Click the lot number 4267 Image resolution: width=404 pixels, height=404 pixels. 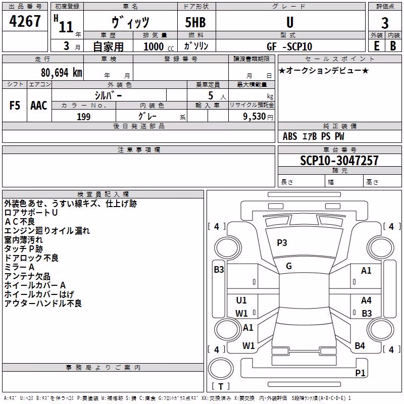pos(25,21)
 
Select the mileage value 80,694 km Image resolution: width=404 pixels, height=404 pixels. pos(62,73)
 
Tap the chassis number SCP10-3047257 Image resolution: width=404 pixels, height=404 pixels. pos(339,160)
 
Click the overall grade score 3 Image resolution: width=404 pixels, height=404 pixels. pos(385,23)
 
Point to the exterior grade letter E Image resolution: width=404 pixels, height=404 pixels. pos(377,46)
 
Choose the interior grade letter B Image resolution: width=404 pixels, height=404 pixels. pos(393,46)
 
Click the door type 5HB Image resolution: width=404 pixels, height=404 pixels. pos(195,22)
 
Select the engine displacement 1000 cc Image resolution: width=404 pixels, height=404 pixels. pos(159,46)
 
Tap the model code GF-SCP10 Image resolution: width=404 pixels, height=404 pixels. pos(289,46)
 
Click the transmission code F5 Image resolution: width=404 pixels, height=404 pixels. pos(15,105)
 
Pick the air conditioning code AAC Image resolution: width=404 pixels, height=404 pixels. pos(39,105)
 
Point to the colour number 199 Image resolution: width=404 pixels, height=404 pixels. pos(84,117)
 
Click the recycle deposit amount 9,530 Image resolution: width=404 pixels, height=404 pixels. pos(255,117)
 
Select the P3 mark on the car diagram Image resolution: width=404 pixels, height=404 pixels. pos(282,243)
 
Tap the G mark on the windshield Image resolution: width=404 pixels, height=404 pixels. pos(289,266)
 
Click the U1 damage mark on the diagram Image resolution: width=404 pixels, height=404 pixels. pos(241,300)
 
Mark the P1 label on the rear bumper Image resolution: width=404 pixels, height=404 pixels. pos(360,373)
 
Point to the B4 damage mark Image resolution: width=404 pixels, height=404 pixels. pos(360,346)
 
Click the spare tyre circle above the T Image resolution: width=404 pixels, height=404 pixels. pos(221,369)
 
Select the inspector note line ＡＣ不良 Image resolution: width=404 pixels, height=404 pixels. pos(20,222)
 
